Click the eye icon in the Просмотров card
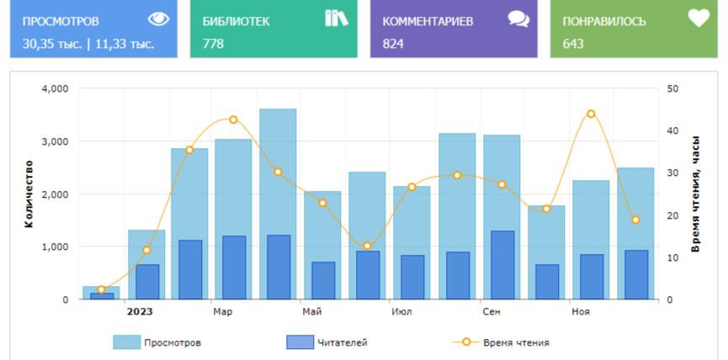click(x=157, y=19)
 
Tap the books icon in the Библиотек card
click(x=336, y=19)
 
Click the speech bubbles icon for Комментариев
click(x=518, y=19)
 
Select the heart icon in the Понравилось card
click(x=699, y=19)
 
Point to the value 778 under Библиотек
click(x=213, y=44)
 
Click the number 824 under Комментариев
click(x=393, y=44)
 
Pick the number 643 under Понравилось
click(x=573, y=44)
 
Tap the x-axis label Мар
click(x=223, y=312)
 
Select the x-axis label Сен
click(x=492, y=312)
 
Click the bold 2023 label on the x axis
click(x=140, y=312)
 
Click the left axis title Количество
click(x=29, y=194)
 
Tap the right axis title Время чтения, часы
click(x=695, y=193)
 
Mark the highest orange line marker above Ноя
click(x=591, y=114)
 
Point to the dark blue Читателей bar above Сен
click(x=502, y=265)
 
